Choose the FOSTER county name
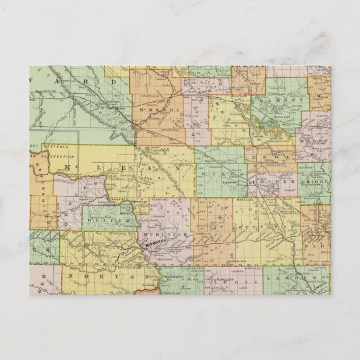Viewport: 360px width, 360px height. tap(272, 182)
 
